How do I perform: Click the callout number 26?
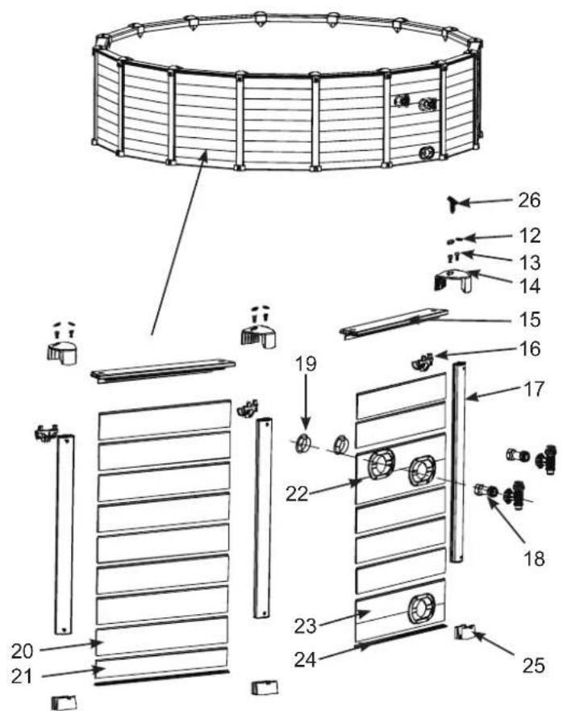click(529, 200)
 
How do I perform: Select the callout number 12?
click(528, 236)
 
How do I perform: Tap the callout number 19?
click(306, 364)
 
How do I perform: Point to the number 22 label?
click(297, 494)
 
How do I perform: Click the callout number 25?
click(533, 666)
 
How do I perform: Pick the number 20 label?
click(23, 651)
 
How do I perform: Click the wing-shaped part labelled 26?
click(455, 203)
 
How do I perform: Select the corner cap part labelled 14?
click(454, 280)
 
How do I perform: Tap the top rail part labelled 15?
click(394, 322)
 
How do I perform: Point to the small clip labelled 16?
click(423, 362)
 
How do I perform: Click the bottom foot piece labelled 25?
click(465, 632)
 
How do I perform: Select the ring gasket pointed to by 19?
click(303, 443)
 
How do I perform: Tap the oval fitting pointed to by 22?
click(381, 464)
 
